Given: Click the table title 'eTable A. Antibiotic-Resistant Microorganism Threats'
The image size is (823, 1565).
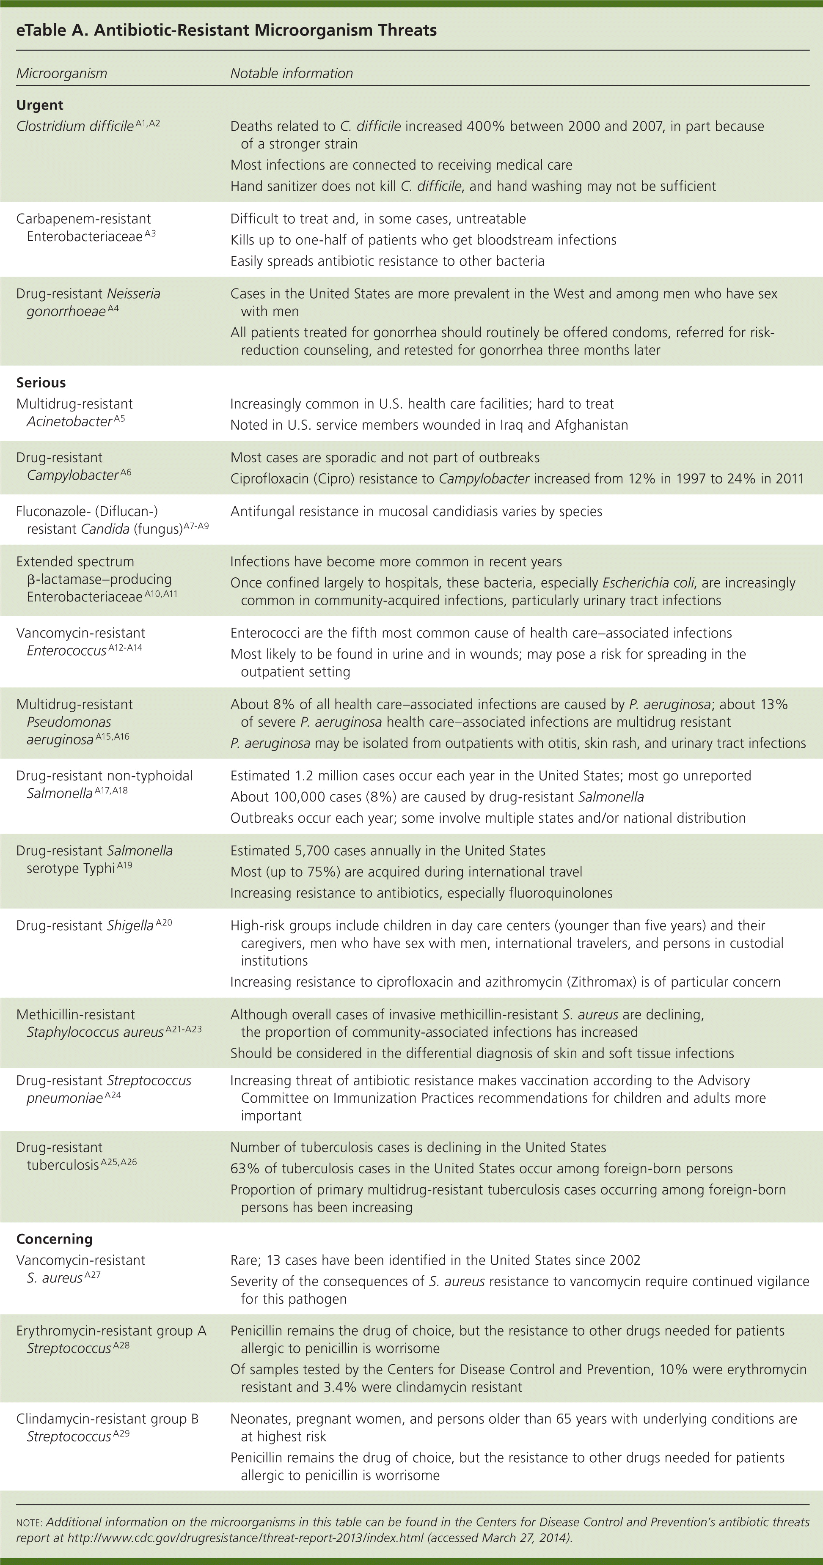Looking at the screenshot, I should (x=226, y=30).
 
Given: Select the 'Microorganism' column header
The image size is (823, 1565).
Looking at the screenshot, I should (x=61, y=74).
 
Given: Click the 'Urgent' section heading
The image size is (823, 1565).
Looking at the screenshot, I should (x=39, y=105).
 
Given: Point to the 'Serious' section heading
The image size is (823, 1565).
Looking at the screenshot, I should (x=41, y=383).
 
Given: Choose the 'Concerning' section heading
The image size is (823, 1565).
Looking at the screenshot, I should (x=54, y=1239).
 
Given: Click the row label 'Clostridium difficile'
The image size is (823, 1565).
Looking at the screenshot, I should (x=75, y=126).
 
